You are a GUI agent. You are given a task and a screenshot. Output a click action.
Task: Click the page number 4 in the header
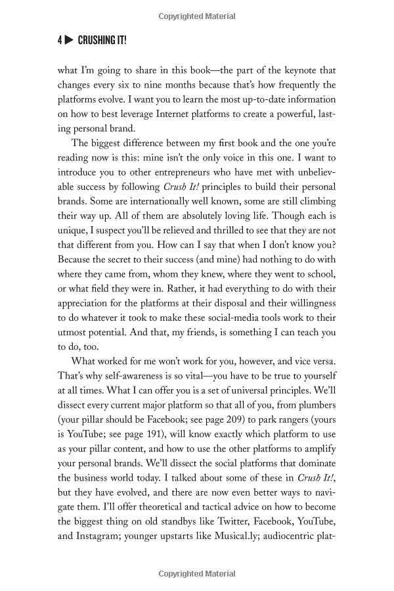point(59,41)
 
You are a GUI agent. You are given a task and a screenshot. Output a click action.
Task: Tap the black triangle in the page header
point(69,41)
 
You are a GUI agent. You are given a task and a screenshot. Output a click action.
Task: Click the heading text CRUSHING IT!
point(102,41)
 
